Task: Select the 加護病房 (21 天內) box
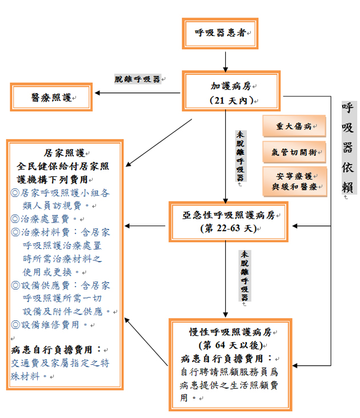point(231,92)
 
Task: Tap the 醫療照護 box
point(51,98)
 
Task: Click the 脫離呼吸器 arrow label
point(138,79)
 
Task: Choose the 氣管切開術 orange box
point(294,153)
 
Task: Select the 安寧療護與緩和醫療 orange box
point(294,180)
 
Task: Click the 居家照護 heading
point(64,153)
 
